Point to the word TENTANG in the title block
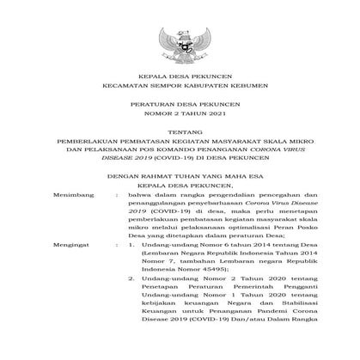(x=180, y=148)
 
